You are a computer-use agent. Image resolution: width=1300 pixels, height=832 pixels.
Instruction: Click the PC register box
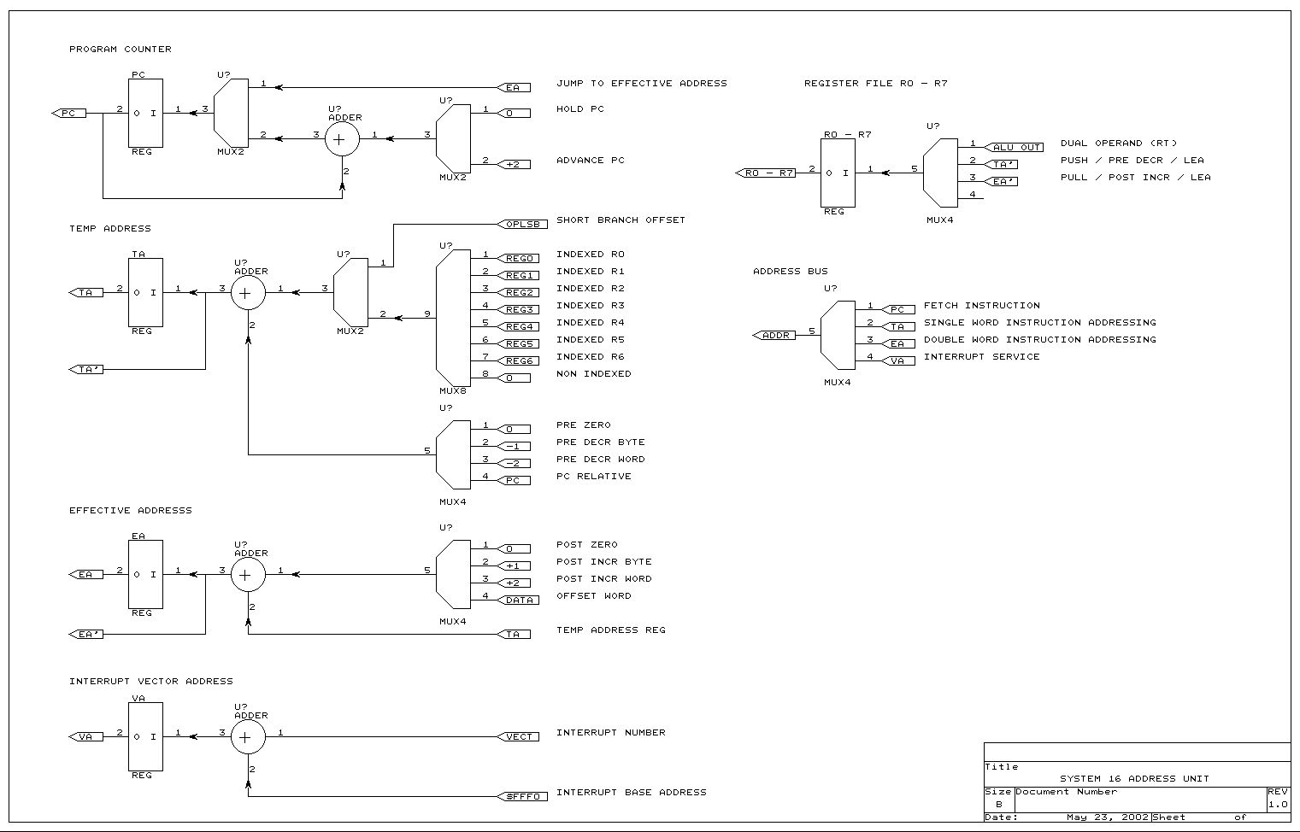pyautogui.click(x=145, y=113)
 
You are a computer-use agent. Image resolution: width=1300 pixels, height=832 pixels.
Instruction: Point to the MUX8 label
pyautogui.click(x=453, y=390)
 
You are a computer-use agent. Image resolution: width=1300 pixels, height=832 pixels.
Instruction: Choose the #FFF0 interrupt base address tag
pyautogui.click(x=521, y=796)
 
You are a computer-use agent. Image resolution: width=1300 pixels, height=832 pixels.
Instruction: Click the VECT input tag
pyautogui.click(x=518, y=736)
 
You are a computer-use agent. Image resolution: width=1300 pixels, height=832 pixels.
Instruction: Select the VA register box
pyautogui.click(x=145, y=736)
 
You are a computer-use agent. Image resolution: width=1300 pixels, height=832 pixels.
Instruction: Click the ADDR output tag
pyautogui.click(x=774, y=335)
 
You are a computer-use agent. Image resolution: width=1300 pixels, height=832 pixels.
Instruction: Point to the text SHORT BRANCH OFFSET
pyautogui.click(x=621, y=220)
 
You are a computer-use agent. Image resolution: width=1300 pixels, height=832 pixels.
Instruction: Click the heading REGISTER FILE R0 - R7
pyautogui.click(x=875, y=83)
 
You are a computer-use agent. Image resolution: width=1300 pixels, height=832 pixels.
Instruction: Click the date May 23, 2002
pyautogui.click(x=1107, y=817)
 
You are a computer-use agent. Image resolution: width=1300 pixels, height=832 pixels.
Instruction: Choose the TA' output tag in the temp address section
pyautogui.click(x=86, y=369)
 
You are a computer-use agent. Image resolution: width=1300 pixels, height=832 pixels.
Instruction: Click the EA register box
pyautogui.click(x=145, y=574)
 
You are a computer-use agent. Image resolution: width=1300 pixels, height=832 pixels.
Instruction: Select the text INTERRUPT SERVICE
pyautogui.click(x=981, y=356)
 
